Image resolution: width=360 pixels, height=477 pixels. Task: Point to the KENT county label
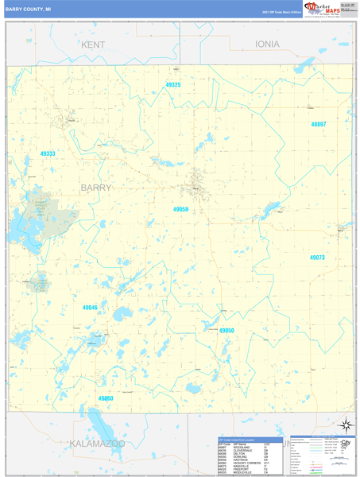point(92,45)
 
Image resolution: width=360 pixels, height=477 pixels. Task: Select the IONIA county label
point(273,45)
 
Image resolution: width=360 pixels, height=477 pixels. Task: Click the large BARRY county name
point(96,188)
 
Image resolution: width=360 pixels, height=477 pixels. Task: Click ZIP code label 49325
point(173,84)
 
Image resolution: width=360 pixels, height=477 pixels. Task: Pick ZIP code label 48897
point(319,124)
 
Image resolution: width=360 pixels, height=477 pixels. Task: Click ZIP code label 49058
point(180,209)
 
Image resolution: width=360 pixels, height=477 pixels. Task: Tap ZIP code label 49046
point(90,307)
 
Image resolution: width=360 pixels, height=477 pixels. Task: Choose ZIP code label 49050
point(226,330)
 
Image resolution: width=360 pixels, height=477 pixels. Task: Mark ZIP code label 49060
point(106,397)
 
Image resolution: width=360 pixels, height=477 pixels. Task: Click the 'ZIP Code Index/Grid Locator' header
point(239,439)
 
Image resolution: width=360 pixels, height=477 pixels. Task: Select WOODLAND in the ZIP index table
point(241,447)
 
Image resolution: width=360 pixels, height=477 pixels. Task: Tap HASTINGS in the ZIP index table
point(240,459)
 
